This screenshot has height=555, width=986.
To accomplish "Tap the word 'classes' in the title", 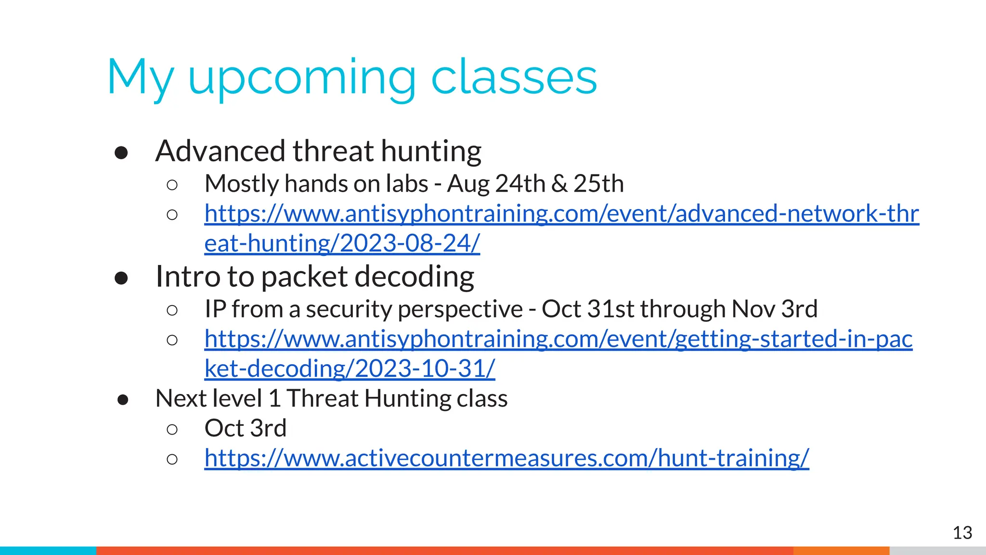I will (514, 78).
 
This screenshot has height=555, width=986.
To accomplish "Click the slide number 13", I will (962, 533).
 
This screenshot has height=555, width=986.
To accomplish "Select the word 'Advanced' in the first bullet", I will (221, 151).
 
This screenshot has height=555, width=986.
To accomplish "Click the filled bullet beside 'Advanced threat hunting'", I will (121, 153).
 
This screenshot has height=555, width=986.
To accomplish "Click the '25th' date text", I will (598, 184).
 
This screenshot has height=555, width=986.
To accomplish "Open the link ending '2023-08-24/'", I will (342, 243).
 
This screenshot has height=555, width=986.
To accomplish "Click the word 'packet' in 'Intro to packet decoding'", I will (304, 277).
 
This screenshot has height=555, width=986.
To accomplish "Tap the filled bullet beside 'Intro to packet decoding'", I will (121, 278).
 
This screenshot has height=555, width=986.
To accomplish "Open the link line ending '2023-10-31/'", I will (350, 369).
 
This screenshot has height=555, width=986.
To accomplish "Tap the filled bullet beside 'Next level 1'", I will (123, 400).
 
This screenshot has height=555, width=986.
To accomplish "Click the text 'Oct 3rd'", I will (245, 428).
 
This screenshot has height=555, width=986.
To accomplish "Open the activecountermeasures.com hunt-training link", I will (506, 458).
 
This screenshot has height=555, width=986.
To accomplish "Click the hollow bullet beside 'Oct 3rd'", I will (172, 429).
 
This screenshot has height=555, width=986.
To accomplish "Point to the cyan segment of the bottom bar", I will (48, 551).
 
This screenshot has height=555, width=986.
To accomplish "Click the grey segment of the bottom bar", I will (937, 551).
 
